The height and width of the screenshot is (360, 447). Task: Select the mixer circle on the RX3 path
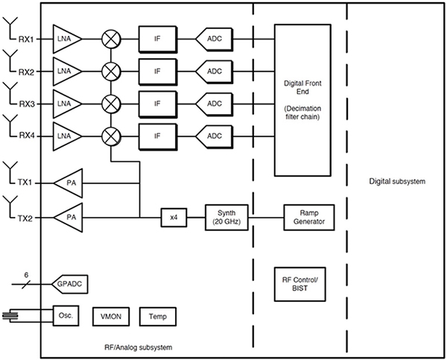pos(111,103)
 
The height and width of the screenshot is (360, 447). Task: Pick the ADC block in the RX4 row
pos(214,136)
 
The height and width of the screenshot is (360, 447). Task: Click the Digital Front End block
pos(301,99)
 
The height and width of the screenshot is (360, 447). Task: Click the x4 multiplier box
pos(173,218)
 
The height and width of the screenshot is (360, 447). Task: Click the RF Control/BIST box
pos(301,282)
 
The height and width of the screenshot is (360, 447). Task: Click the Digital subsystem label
pos(396,182)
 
